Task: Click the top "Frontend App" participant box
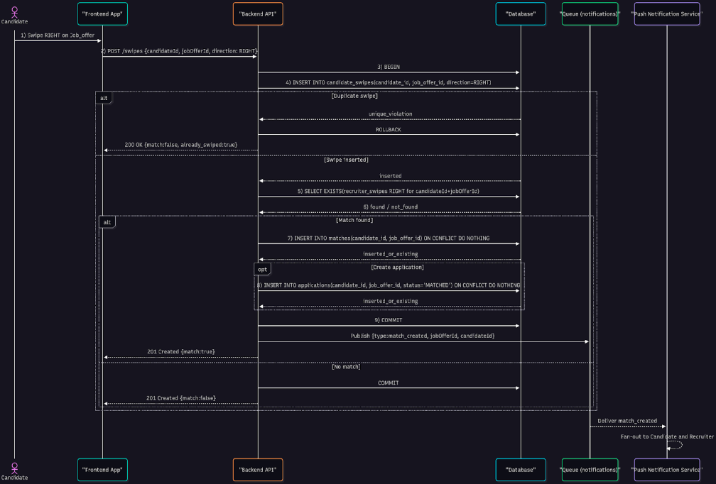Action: click(x=102, y=14)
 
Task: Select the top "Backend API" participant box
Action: click(x=258, y=14)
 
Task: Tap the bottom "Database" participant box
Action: click(x=521, y=470)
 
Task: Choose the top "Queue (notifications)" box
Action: click(x=590, y=14)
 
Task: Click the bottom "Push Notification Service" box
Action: click(x=667, y=470)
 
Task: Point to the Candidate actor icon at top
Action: click(x=14, y=12)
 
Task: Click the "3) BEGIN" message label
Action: click(x=389, y=66)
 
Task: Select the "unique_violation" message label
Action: click(x=390, y=114)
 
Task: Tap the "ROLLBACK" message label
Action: click(x=390, y=129)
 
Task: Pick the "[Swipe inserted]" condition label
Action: click(x=346, y=160)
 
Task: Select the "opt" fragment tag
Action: click(x=263, y=269)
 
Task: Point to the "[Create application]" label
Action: click(x=397, y=267)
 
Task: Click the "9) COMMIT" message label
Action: click(x=389, y=319)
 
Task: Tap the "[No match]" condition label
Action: click(x=346, y=367)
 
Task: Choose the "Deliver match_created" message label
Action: click(x=627, y=420)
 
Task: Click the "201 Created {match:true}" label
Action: click(x=180, y=351)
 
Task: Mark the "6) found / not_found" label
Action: click(x=390, y=207)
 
